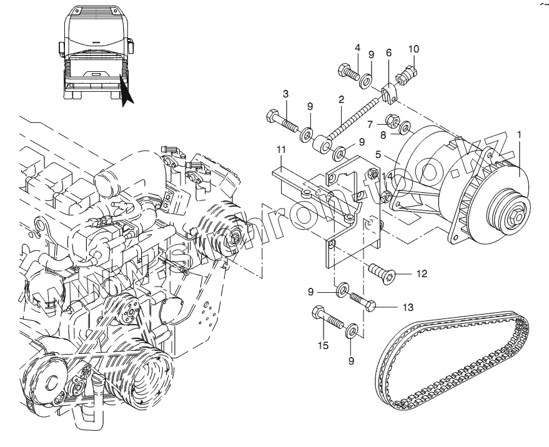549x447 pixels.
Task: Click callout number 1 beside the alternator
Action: click(x=519, y=134)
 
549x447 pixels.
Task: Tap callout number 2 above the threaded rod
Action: click(x=342, y=100)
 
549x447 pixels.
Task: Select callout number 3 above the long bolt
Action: click(x=285, y=94)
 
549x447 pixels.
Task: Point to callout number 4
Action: click(x=357, y=49)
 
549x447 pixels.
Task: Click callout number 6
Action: click(x=388, y=54)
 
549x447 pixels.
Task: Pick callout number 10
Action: click(x=413, y=49)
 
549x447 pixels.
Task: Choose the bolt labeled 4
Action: click(x=347, y=72)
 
